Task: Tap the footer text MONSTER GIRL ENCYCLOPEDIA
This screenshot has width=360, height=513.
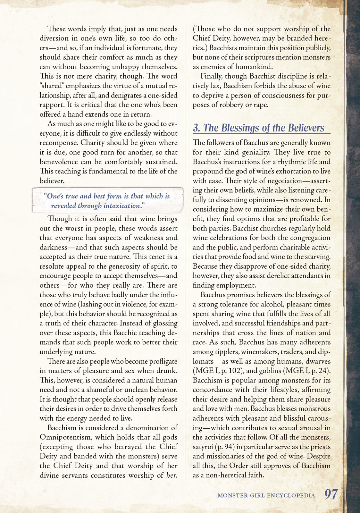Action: tap(266, 495)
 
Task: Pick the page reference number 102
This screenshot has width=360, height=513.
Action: tap(234, 371)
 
